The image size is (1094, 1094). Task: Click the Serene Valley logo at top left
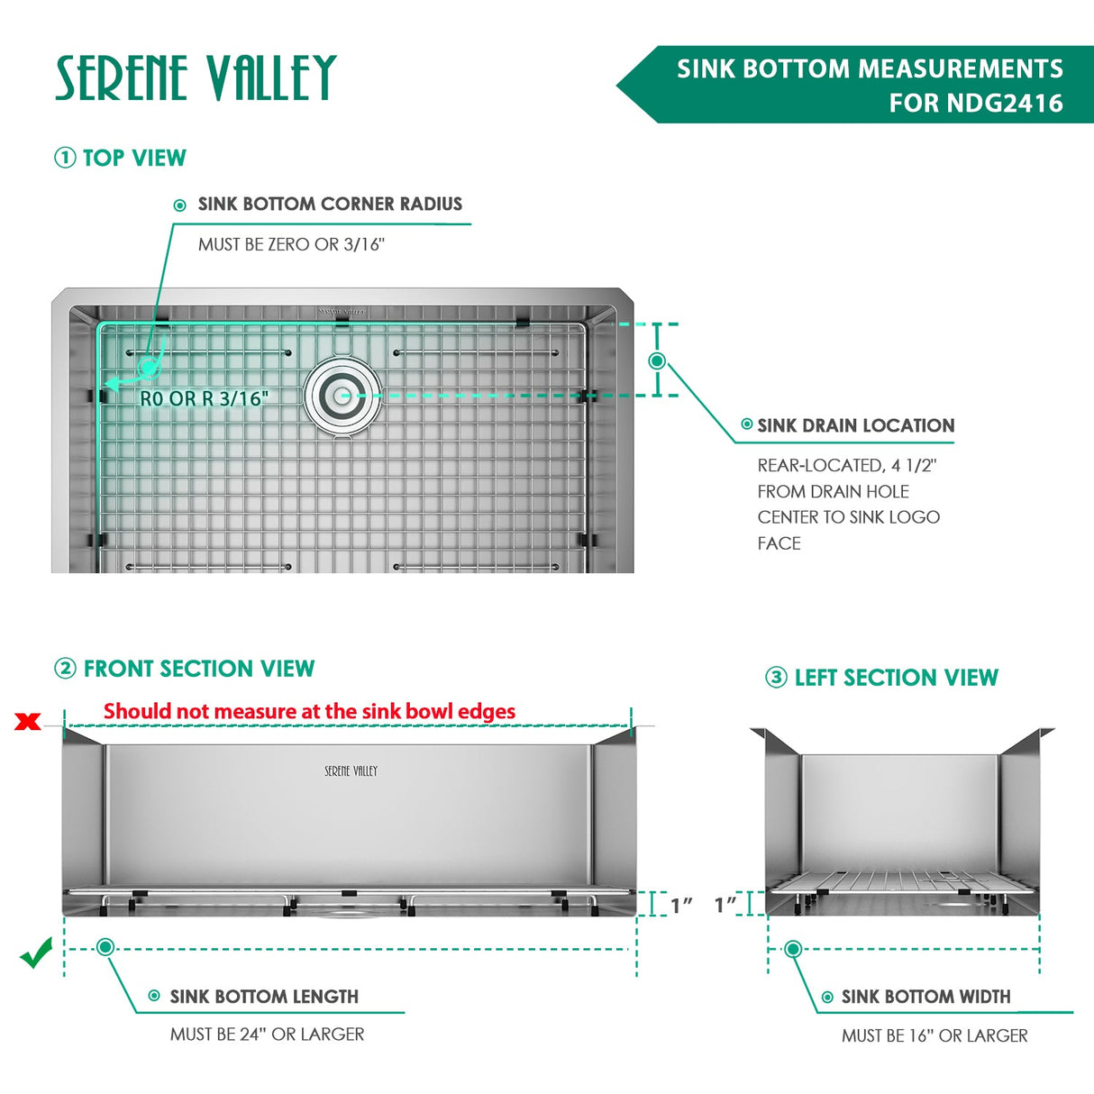196,77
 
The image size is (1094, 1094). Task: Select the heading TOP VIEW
134,158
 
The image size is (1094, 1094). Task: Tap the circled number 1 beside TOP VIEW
65,158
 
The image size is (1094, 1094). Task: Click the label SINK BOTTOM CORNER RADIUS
330,205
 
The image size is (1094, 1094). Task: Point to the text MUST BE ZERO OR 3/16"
291,244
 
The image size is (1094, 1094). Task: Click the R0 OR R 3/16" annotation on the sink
204,398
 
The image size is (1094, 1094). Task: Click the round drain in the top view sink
342,395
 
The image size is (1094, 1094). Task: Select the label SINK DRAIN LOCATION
855,425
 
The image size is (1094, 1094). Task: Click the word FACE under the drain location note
779,543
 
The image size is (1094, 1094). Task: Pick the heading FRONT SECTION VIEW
198,669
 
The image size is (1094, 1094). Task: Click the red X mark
28,721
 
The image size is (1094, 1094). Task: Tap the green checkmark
36,953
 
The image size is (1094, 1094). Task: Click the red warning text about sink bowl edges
309,712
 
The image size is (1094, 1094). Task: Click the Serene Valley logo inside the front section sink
351,771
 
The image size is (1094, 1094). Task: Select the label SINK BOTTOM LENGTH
264,997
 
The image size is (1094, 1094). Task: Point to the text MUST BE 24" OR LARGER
267,1035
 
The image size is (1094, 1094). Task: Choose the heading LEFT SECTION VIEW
896,678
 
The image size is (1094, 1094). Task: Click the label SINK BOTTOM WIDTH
925,997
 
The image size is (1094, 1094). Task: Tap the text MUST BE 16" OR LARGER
934,1036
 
